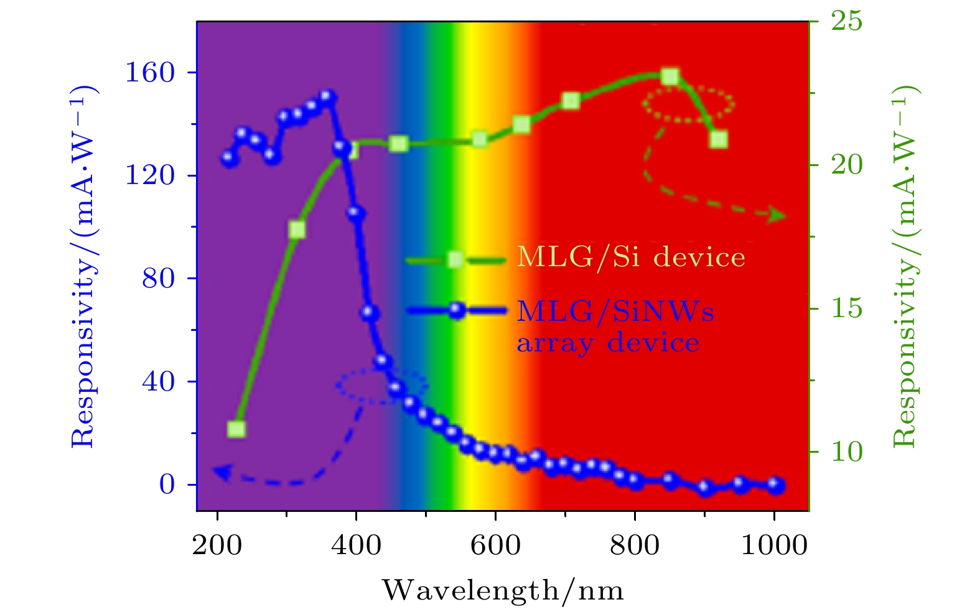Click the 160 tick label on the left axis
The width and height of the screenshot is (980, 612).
(150, 73)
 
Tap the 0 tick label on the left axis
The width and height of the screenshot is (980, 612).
(167, 484)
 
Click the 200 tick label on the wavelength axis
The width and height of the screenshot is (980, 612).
(217, 545)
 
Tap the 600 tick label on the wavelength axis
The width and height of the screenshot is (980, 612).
(495, 545)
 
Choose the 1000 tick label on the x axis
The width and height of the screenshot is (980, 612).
(773, 545)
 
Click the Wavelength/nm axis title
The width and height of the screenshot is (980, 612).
(503, 590)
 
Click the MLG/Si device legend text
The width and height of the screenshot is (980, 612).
(631, 257)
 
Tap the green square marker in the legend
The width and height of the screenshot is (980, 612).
(455, 259)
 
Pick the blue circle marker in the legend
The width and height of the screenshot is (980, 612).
(457, 310)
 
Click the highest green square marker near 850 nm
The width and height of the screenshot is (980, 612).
(670, 77)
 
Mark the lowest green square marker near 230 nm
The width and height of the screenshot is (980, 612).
(236, 429)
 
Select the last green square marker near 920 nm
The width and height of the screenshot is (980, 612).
(719, 139)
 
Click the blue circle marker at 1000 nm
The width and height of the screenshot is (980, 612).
(775, 485)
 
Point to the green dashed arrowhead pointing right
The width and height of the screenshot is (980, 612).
(778, 216)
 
